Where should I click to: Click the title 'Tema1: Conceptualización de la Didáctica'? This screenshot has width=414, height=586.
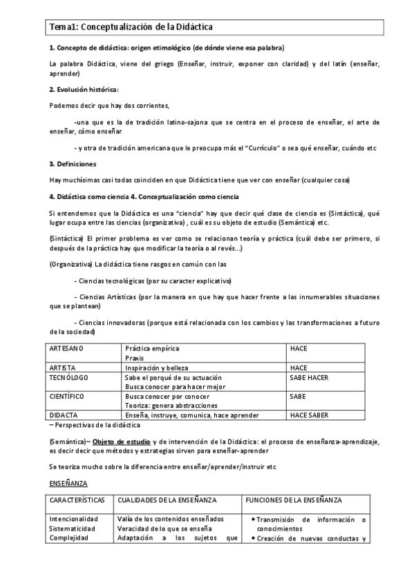[x=131, y=27]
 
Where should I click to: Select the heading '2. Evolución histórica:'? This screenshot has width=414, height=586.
[x=84, y=89]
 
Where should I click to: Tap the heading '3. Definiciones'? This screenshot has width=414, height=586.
[x=73, y=164]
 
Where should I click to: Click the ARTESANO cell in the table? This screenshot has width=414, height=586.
[x=66, y=349]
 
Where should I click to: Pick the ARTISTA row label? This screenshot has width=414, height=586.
[x=63, y=368]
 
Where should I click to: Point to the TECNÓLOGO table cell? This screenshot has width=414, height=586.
[x=69, y=377]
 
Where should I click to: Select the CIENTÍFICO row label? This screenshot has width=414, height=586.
[x=67, y=397]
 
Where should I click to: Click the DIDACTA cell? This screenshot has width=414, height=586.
[x=64, y=415]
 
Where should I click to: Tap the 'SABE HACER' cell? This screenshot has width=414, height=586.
[x=309, y=377]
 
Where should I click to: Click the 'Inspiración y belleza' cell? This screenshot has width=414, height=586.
[x=156, y=368]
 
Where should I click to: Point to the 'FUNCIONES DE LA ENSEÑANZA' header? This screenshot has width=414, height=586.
[x=295, y=499]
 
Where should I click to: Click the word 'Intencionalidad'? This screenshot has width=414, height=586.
[x=74, y=519]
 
